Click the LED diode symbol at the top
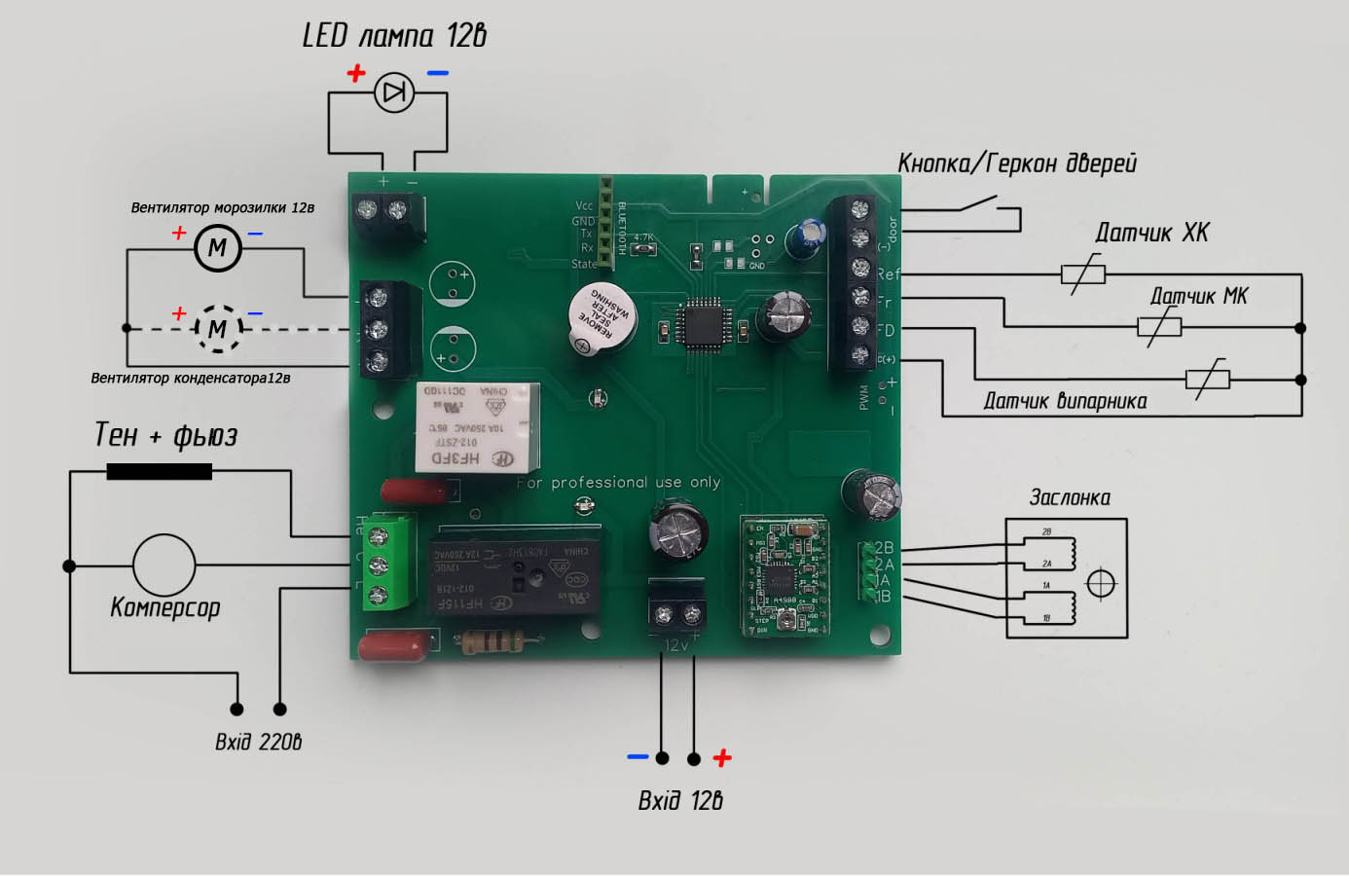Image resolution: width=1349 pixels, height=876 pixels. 394,93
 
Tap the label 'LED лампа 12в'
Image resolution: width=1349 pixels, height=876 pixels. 394,36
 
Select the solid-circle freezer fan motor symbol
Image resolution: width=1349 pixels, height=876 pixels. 217,247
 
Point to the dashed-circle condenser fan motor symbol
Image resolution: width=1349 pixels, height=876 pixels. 217,328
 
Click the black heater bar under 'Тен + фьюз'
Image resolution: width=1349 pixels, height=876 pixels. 159,471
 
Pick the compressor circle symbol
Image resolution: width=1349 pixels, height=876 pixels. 164,566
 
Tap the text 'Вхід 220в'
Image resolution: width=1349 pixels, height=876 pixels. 258,742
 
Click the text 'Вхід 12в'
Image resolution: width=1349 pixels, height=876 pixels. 679,800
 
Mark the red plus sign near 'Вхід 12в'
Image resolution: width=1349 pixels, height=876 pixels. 722,757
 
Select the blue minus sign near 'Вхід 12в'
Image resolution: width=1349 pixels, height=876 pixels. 638,756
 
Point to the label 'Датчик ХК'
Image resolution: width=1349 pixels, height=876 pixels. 1151,233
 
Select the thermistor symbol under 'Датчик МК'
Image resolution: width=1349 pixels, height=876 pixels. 1159,327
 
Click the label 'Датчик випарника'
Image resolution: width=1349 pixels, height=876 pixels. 1065,401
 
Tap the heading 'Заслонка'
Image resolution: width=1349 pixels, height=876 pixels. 1070,497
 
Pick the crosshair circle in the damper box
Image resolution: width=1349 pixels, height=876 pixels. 1100,583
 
